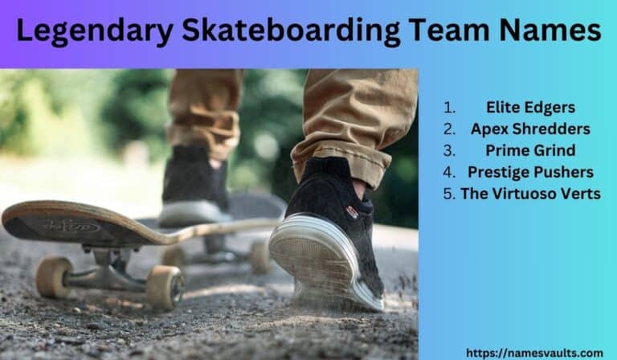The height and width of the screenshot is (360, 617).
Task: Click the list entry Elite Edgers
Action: coord(530,107)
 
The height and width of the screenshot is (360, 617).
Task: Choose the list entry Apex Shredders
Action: coord(530,129)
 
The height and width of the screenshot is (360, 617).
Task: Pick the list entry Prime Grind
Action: coord(530,150)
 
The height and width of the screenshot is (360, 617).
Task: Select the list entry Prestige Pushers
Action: coord(530,172)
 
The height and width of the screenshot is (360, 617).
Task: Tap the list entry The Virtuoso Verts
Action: coord(530,194)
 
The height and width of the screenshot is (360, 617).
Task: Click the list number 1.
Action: coord(449,107)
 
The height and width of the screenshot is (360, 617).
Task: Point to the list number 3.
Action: coord(449,150)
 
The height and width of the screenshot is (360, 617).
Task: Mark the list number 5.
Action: coord(451,194)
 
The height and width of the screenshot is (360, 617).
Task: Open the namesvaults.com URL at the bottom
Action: coord(534,352)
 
